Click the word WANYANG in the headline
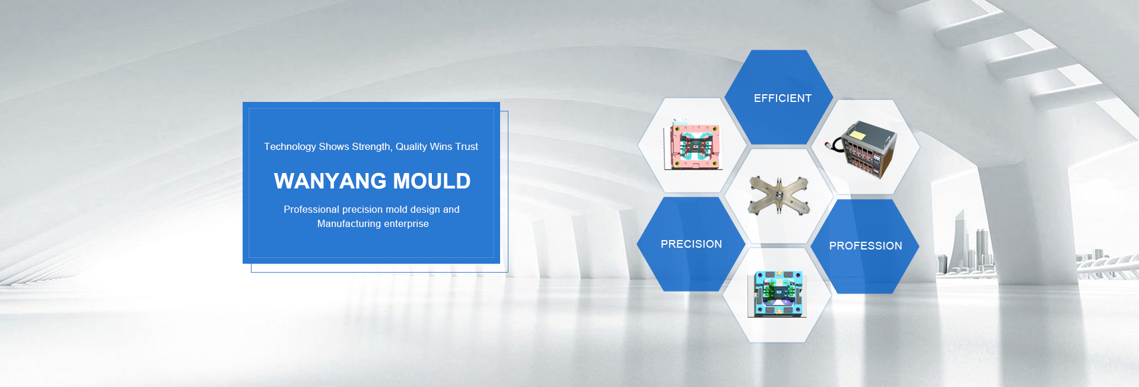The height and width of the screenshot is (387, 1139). (330, 181)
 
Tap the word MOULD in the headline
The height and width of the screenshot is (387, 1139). (432, 181)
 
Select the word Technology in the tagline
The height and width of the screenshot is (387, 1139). (290, 147)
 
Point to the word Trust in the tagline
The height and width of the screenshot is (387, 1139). (466, 146)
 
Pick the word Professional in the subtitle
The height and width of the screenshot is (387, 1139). (311, 209)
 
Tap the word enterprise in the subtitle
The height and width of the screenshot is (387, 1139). (406, 224)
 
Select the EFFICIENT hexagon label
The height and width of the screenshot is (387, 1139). (782, 98)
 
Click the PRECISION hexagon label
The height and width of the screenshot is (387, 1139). (691, 244)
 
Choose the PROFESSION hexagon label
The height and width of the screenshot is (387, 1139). (866, 246)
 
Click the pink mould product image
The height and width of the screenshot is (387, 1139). (693, 145)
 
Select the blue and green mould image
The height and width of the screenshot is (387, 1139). (777, 294)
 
